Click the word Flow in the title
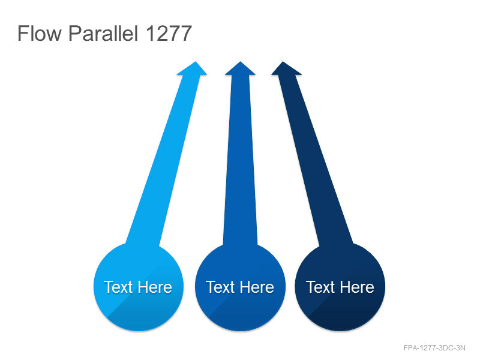point(40,33)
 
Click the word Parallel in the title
point(103,33)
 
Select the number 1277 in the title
point(169,34)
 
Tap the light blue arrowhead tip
point(196,62)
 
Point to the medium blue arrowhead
point(241,68)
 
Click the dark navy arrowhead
point(286,68)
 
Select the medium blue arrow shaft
point(241,159)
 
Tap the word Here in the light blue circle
point(155,287)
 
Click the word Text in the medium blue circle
point(220,287)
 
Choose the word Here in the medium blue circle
point(257,287)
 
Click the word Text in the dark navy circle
point(320,287)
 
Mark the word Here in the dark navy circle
point(357,287)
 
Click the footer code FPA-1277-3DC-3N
point(434,348)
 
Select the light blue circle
point(139,287)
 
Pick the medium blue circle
point(241,287)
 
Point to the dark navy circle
point(340,287)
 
